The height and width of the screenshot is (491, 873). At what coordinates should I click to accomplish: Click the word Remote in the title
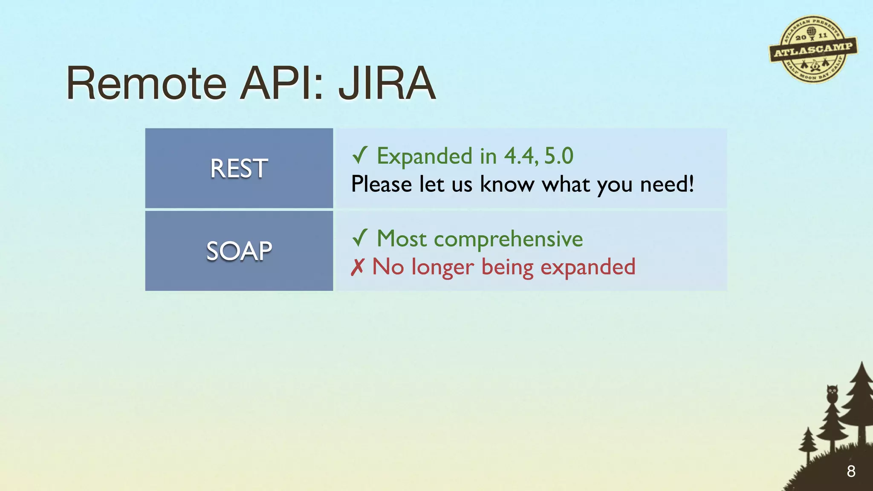click(x=146, y=84)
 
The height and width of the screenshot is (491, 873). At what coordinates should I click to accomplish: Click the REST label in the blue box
click(x=239, y=168)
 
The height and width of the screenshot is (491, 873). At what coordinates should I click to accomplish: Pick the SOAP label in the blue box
click(x=239, y=251)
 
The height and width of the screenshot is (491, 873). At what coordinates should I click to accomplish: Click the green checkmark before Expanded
click(x=359, y=155)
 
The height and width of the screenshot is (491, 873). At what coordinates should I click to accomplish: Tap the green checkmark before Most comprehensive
click(x=359, y=238)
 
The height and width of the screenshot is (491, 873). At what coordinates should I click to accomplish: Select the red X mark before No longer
click(x=357, y=267)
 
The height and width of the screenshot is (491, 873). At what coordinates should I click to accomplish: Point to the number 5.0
click(x=559, y=156)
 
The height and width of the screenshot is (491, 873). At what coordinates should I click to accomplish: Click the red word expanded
click(x=588, y=267)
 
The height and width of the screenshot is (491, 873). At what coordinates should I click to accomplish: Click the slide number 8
click(x=851, y=471)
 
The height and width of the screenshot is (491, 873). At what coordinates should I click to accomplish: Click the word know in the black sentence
click(x=507, y=184)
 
